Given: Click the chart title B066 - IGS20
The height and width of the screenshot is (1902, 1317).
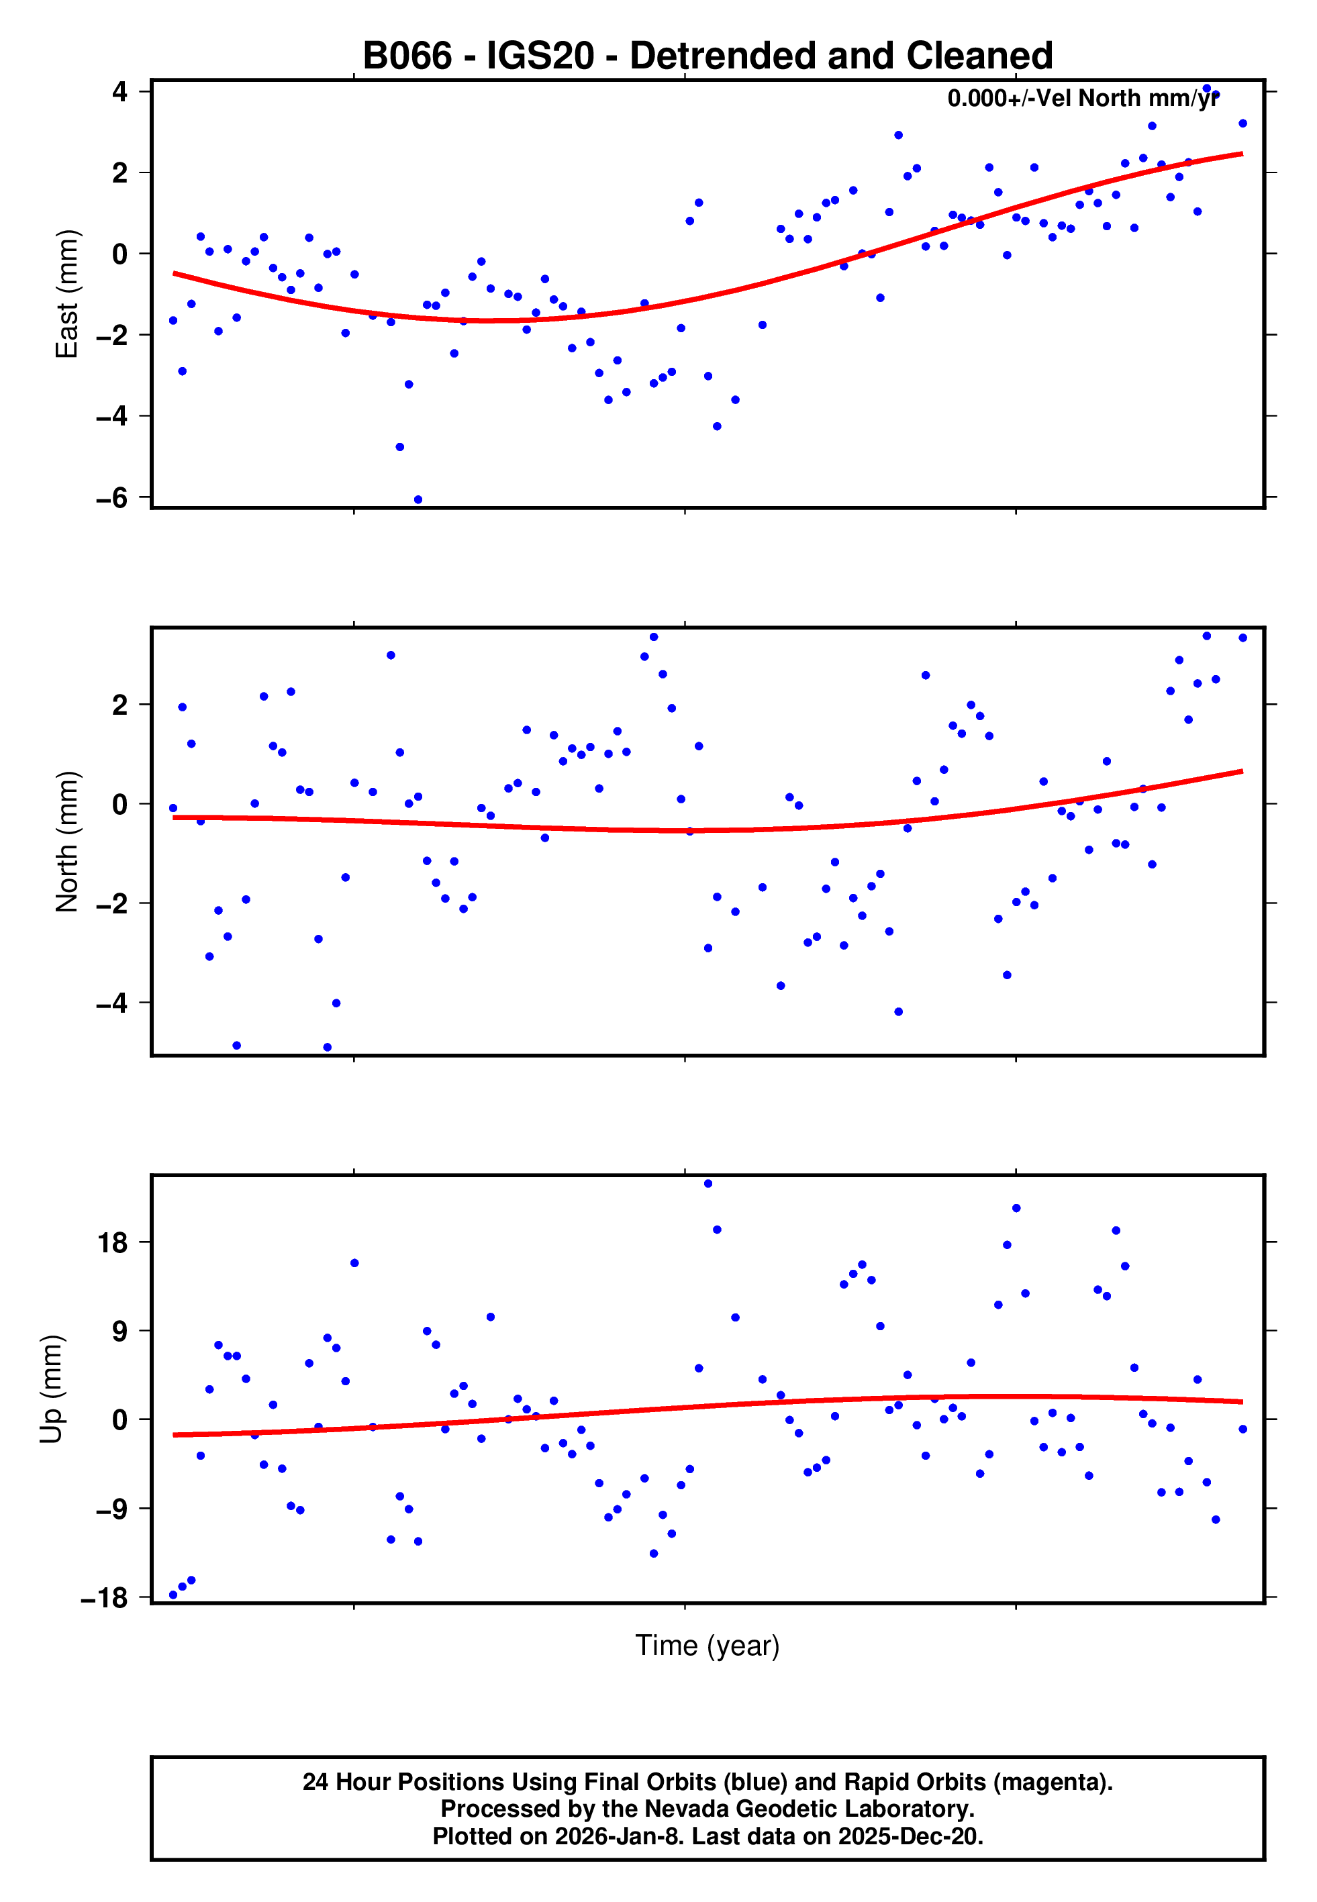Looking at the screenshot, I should pyautogui.click(x=708, y=56).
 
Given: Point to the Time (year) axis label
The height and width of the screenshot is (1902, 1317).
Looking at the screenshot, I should pyautogui.click(x=708, y=1645).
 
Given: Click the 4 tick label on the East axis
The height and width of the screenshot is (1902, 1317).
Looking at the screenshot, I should pyautogui.click(x=120, y=91).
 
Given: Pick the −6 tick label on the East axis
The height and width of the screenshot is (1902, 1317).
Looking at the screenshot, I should pyautogui.click(x=112, y=497).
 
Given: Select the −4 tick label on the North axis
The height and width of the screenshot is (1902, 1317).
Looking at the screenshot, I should pyautogui.click(x=112, y=1003).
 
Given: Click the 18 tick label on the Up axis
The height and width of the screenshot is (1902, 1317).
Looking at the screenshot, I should pyautogui.click(x=112, y=1242).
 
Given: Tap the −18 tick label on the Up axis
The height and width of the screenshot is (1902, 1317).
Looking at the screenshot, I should pyautogui.click(x=105, y=1599).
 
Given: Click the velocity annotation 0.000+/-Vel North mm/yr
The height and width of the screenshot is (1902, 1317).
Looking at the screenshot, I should pyautogui.click(x=1083, y=98).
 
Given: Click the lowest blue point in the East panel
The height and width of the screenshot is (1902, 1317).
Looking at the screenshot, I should pyautogui.click(x=418, y=500).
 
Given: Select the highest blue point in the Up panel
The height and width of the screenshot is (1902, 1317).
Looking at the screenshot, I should pyautogui.click(x=708, y=1184).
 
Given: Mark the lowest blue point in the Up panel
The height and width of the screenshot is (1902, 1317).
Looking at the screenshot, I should pyautogui.click(x=173, y=1595).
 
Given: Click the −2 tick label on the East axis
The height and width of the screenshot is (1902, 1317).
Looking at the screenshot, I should pyautogui.click(x=112, y=335).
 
